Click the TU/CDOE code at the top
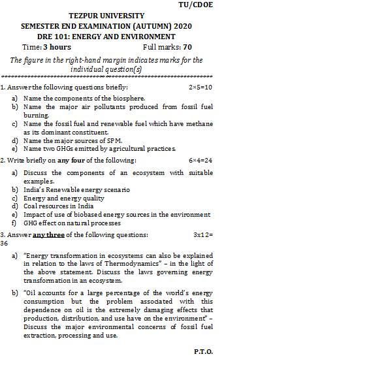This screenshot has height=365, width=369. point(196,5)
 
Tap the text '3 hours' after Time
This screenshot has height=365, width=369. point(57,48)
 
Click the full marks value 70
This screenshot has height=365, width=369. point(187,48)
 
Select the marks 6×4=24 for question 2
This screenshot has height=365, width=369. point(201,160)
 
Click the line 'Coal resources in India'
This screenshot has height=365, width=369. point(58,206)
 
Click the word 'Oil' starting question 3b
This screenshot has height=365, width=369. point(32,293)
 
